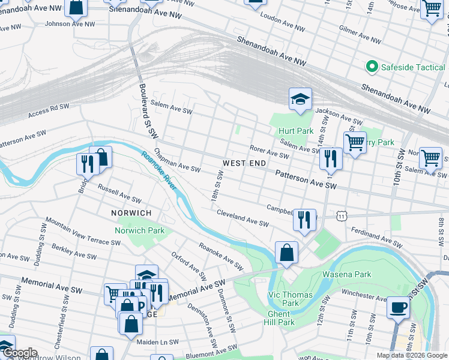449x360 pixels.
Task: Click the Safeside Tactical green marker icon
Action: (x=372, y=67)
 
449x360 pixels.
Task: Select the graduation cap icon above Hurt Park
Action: (x=300, y=99)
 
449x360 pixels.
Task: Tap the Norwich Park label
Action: (x=140, y=230)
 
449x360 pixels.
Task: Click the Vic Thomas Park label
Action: (x=290, y=299)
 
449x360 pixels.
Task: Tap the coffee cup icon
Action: (x=398, y=308)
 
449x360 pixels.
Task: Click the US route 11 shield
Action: (x=342, y=215)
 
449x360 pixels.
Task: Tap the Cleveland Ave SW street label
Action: (x=243, y=217)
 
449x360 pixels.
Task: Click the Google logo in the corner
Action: (x=19, y=353)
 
